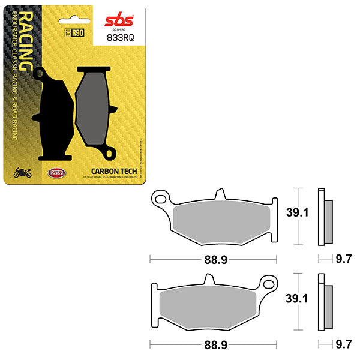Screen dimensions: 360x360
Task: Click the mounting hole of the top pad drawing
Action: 160,197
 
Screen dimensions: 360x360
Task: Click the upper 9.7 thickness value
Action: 343,260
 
